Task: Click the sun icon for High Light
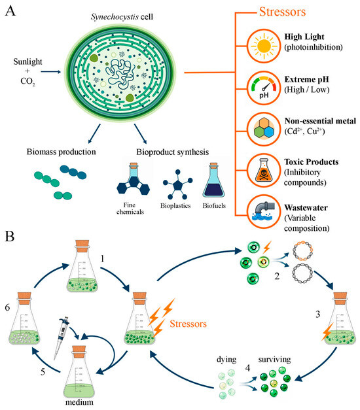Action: [264, 46]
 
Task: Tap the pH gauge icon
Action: [264, 88]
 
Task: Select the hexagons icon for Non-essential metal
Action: [264, 129]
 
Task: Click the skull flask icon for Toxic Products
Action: [264, 171]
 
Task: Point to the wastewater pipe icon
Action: [264, 211]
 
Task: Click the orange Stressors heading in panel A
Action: [282, 12]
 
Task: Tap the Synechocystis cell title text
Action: [122, 17]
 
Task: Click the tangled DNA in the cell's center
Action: [120, 73]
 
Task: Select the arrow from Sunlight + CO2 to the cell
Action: [51, 72]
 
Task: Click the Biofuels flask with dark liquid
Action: [213, 180]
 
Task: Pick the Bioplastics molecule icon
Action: [177, 184]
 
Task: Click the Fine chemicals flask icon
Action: [134, 179]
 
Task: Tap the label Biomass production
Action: [62, 152]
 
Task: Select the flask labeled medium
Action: [79, 372]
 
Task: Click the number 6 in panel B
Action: [7, 307]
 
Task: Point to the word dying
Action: [226, 360]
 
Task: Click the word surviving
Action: [274, 360]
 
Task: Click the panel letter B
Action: [10, 236]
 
